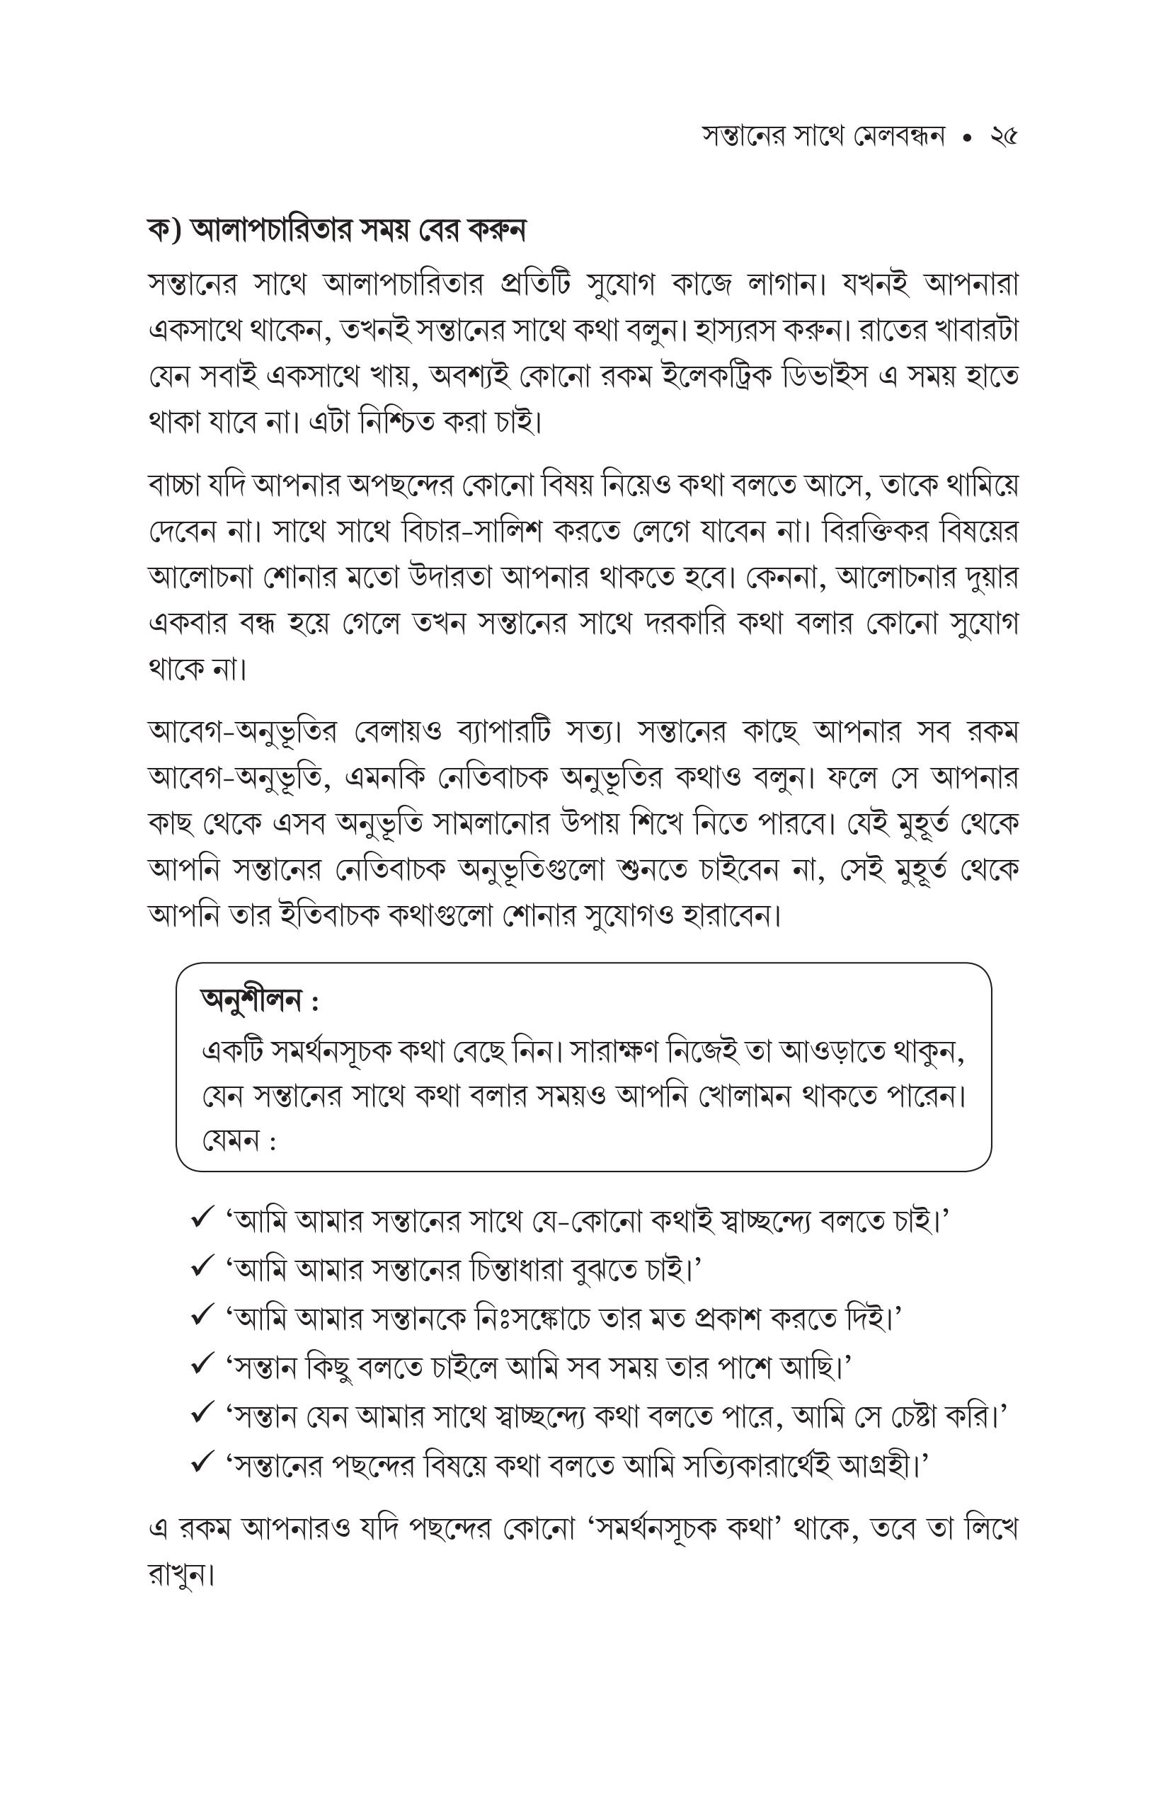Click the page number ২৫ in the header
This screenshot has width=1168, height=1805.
coord(1002,137)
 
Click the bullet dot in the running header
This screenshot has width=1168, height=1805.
coord(966,138)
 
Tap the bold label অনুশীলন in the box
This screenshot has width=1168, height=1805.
coord(251,1000)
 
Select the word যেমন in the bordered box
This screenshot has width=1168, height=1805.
coord(231,1140)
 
